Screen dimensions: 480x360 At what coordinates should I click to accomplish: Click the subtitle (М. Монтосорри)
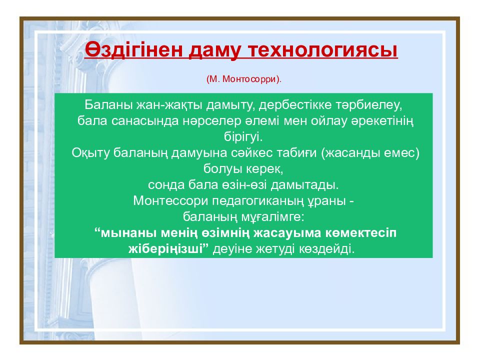click(x=243, y=79)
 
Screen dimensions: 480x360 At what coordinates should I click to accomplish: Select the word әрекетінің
click(x=382, y=121)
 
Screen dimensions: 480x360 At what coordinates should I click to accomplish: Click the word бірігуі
click(x=243, y=137)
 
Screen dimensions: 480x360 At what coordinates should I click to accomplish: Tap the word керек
click(x=264, y=169)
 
